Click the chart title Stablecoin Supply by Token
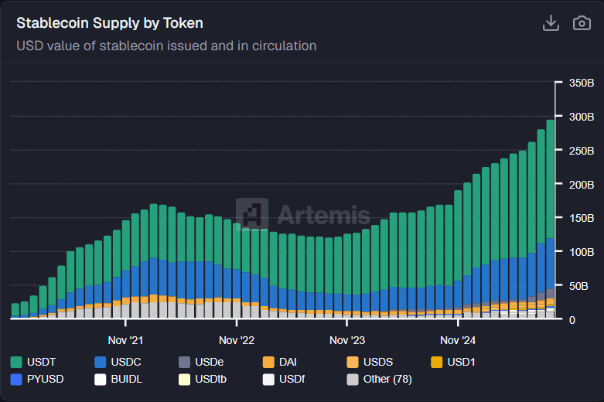click(x=110, y=23)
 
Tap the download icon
click(x=551, y=23)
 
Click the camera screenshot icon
click(x=582, y=23)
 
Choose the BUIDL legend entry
click(x=119, y=380)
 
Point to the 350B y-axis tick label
click(x=581, y=83)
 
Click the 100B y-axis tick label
click(x=581, y=252)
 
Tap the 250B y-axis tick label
click(x=581, y=150)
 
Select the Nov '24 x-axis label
click(x=458, y=340)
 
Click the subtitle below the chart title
click(x=166, y=46)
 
